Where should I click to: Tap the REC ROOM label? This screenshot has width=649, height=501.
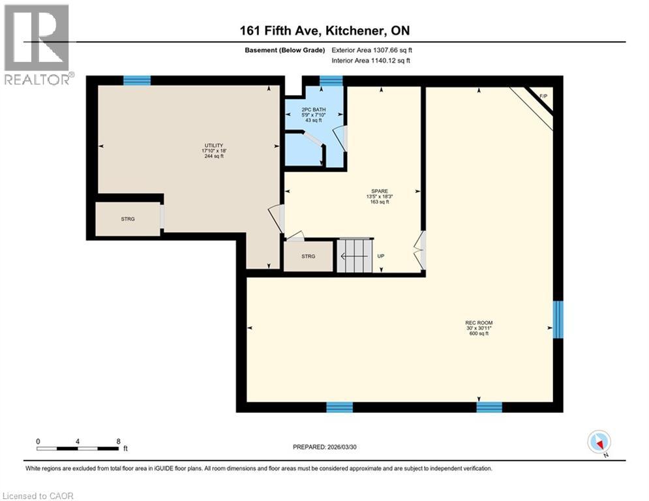click(478, 322)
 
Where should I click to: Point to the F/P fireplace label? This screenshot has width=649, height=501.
click(543, 97)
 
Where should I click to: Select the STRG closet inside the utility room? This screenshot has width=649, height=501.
click(128, 219)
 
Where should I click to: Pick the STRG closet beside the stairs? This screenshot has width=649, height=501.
click(308, 256)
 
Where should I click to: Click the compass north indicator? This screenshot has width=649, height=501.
click(598, 442)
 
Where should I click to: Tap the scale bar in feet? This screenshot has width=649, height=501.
click(78, 448)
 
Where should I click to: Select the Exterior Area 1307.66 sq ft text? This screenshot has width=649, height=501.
click(372, 50)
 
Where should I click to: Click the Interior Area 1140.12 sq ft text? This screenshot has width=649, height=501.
click(371, 61)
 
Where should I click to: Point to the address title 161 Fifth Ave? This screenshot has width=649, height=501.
click(324, 31)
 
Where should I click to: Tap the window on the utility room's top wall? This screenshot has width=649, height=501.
click(137, 80)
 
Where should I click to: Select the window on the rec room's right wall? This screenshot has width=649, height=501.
click(558, 320)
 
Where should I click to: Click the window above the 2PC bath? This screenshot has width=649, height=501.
click(331, 80)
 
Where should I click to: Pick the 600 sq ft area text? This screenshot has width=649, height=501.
click(478, 333)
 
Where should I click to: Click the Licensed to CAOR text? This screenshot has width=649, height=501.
click(38, 496)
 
